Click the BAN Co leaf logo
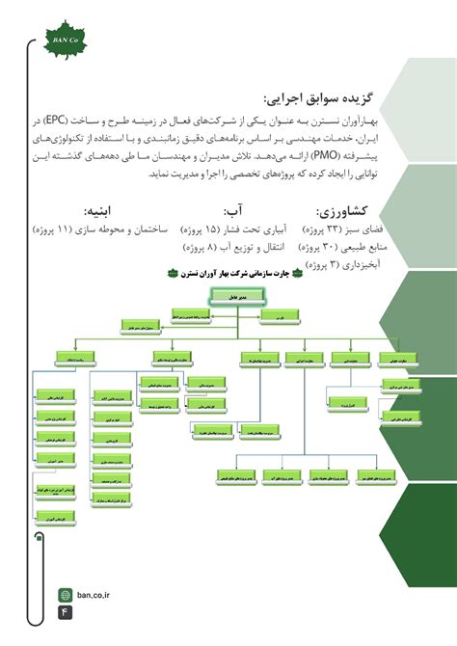[x=64, y=40]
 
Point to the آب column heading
[x=231, y=211]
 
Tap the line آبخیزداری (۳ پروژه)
[x=338, y=264]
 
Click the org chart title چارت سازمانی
[x=235, y=273]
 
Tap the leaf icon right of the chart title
[x=297, y=273]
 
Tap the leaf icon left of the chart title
[x=173, y=273]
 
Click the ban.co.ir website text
[x=95, y=595]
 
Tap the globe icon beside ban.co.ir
[x=66, y=595]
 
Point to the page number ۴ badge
[x=66, y=612]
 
